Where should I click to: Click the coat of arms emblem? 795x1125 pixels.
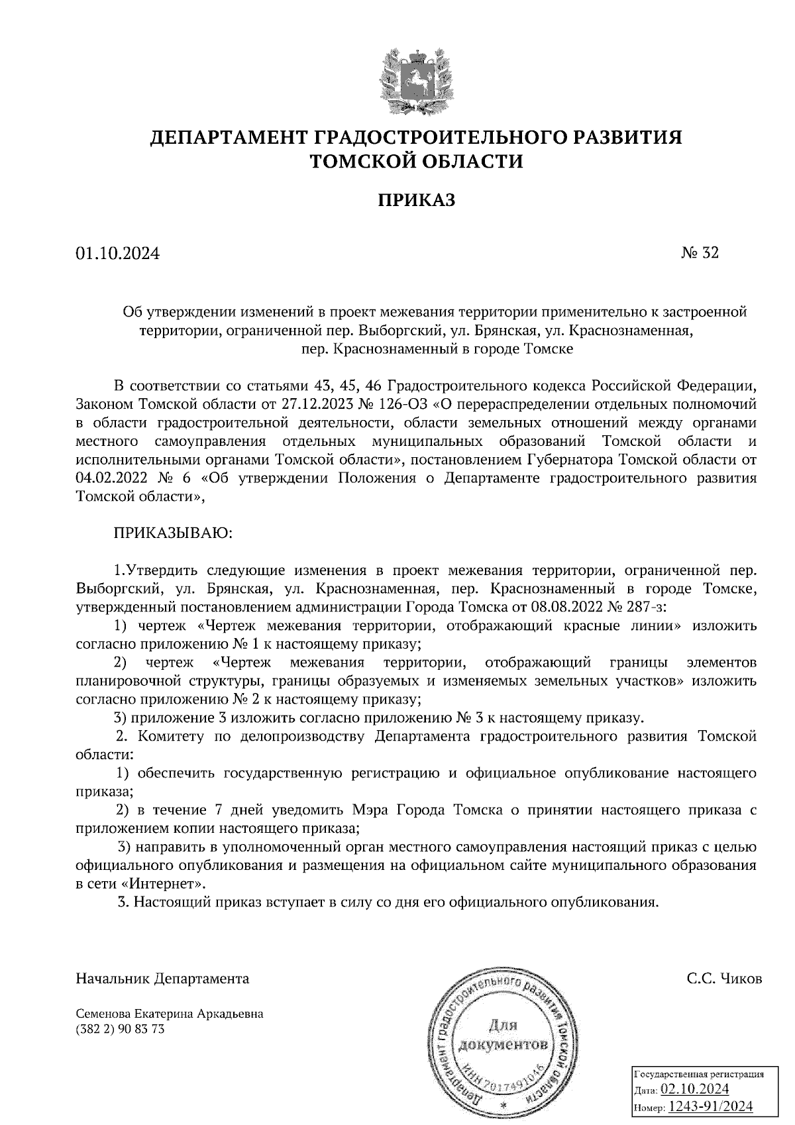pyautogui.click(x=416, y=79)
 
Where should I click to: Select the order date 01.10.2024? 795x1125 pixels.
pyautogui.click(x=118, y=253)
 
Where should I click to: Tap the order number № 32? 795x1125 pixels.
pyautogui.click(x=700, y=252)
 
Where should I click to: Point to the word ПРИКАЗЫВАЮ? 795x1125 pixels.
pyautogui.click(x=174, y=533)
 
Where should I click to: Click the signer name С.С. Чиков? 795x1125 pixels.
pyautogui.click(x=724, y=979)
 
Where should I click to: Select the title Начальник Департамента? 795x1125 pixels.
pyautogui.click(x=163, y=979)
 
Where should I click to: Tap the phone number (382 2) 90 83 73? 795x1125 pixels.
pyautogui.click(x=121, y=1029)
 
